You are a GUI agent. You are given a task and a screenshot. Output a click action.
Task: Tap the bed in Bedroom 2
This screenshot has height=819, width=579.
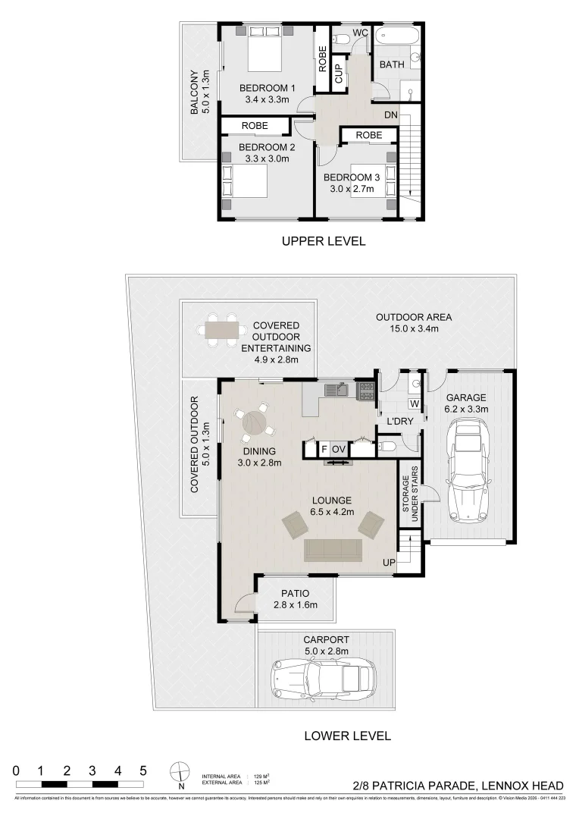[245, 181]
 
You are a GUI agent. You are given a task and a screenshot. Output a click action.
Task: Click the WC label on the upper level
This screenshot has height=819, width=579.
[361, 33]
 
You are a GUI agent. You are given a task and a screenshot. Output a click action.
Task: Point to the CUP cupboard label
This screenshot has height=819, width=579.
[339, 73]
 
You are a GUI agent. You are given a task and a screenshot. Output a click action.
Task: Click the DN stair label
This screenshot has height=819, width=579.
[391, 115]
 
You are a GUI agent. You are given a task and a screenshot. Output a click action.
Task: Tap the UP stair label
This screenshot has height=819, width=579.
[388, 563]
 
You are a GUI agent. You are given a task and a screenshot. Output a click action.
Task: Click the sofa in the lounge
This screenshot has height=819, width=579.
[333, 550]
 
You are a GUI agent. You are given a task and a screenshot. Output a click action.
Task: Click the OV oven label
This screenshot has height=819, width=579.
[338, 449]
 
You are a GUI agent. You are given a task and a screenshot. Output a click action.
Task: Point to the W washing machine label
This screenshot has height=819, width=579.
[415, 403]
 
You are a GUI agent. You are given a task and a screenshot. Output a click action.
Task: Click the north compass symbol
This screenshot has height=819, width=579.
[180, 771]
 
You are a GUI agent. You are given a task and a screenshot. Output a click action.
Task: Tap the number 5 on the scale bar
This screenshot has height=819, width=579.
[142, 770]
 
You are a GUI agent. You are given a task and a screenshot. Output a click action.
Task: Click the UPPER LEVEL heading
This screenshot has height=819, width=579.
[324, 241]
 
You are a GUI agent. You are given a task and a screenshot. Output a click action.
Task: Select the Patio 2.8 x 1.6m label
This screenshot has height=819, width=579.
[295, 598]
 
